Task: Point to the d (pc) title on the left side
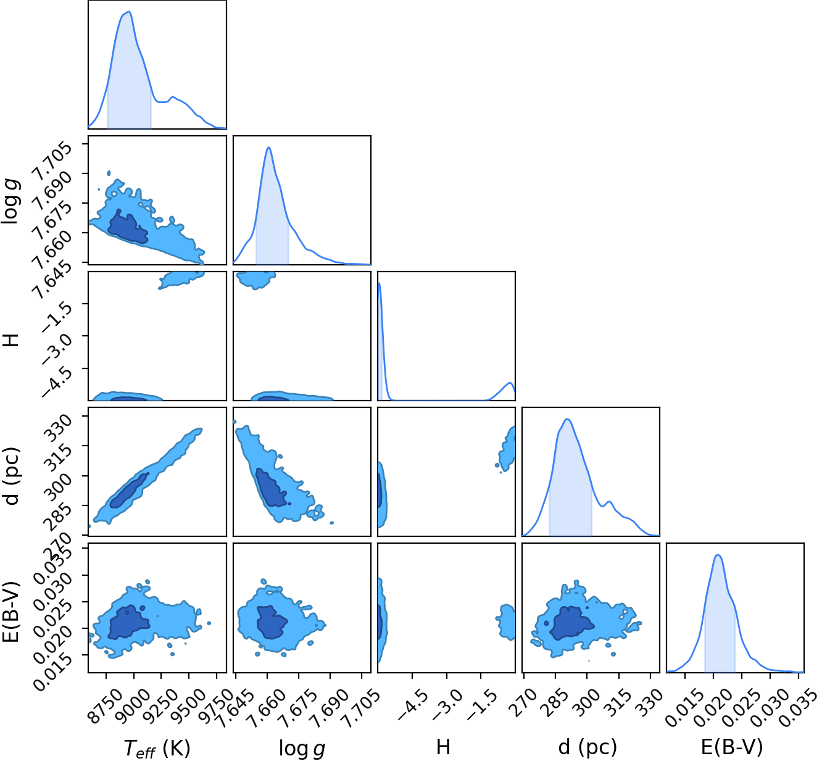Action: tap(12, 476)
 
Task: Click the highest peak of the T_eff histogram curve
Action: tap(129, 11)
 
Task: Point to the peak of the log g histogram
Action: tap(268, 148)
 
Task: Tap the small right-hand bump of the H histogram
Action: tap(510, 383)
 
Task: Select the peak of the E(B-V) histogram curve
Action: tap(718, 555)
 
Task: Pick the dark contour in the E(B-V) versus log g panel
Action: tap(271, 622)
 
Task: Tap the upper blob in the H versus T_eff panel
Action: tap(181, 280)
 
